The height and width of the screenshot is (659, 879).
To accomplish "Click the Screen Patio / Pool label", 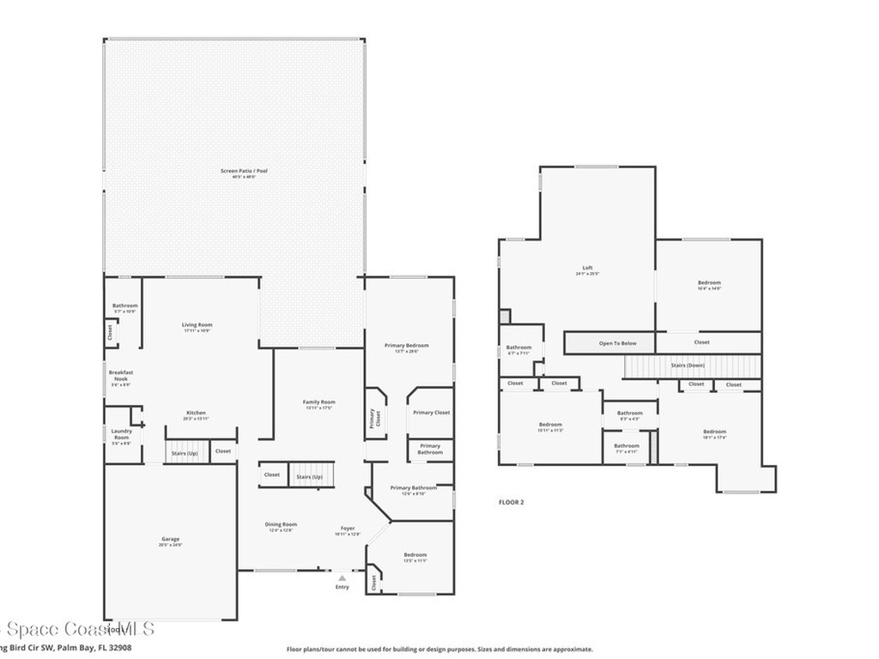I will click(244, 171).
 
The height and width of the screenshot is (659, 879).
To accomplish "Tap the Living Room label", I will click(197, 325).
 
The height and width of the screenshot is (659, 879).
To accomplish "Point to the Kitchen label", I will click(196, 413).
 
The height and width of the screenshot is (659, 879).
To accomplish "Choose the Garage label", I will click(170, 539).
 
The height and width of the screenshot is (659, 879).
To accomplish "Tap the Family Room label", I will click(318, 402).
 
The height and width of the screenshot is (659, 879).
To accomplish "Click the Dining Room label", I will click(281, 524).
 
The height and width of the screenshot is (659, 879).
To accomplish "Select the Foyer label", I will click(348, 529).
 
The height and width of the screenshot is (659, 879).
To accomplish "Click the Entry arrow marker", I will click(342, 579).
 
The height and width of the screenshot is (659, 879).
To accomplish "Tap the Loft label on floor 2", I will click(588, 268).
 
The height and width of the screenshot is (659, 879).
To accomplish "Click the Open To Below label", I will click(617, 343).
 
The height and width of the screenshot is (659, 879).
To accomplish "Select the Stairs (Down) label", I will click(688, 366).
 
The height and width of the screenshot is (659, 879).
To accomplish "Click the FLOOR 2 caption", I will click(512, 502).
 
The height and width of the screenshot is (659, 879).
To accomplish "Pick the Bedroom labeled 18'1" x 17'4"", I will click(714, 432).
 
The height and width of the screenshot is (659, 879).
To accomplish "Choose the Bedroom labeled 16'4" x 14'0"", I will click(709, 283).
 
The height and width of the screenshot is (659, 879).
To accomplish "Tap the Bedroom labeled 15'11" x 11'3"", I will click(550, 425).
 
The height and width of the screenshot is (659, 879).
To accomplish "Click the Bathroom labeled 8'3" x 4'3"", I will click(629, 413).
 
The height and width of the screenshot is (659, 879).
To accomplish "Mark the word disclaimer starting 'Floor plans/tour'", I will click(439, 650).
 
